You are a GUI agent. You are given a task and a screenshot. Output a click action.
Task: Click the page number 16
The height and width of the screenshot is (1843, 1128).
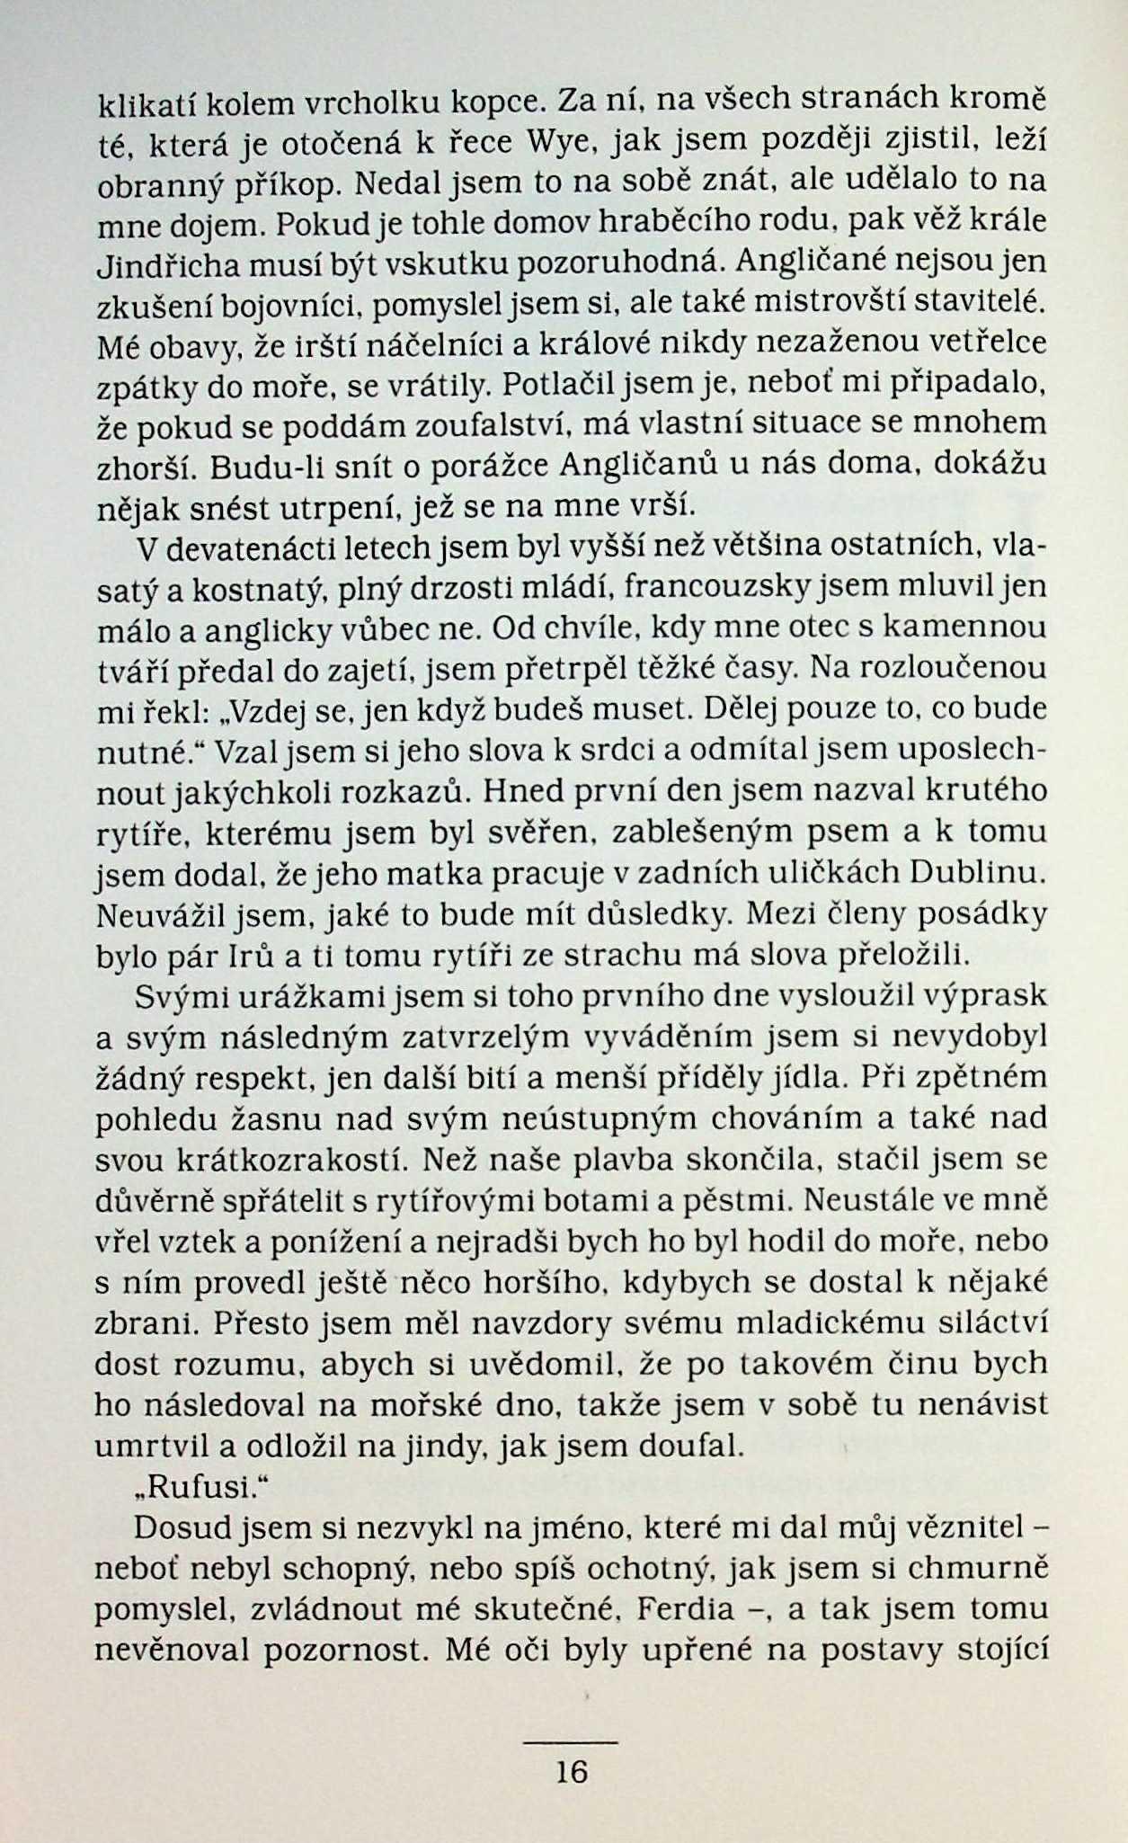pos(572,1770)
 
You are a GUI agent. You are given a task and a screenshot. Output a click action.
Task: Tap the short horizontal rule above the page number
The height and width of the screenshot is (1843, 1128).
pos(571,1742)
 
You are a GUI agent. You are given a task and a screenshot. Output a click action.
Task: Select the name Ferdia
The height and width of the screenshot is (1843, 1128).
pos(688,1608)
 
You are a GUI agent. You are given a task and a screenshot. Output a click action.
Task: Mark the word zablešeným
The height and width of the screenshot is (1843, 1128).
pos(701,832)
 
